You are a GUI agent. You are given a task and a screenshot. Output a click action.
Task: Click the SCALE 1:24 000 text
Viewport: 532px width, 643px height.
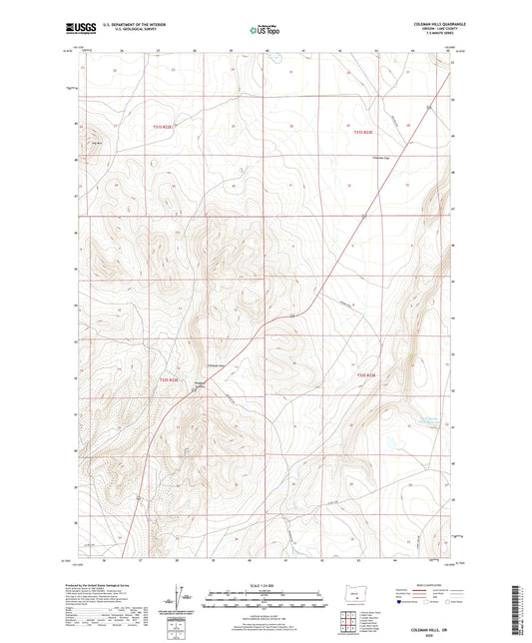(266, 584)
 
